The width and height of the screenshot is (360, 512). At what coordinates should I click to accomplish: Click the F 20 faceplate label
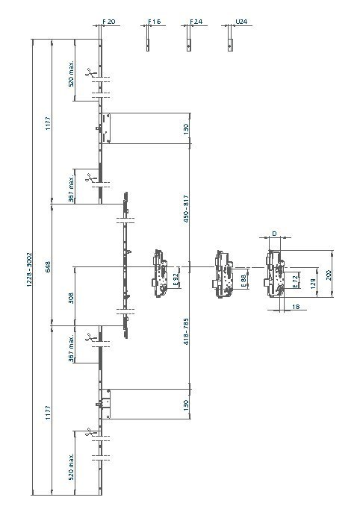coord(109,22)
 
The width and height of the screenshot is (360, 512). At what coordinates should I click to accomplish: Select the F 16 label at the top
coord(154,22)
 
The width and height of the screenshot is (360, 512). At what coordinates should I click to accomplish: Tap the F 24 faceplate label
coord(196,22)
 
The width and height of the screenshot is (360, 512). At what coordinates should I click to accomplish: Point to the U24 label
coord(241,22)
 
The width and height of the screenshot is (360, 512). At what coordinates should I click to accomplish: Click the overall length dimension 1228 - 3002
coord(29,269)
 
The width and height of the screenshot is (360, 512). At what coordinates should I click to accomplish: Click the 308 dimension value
coord(71,298)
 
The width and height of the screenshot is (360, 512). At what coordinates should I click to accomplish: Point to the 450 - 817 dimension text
coord(185,209)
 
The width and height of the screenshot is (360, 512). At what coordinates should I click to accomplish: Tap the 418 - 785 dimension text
coord(185,332)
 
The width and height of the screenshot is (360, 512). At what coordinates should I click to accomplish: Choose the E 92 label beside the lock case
coord(176,279)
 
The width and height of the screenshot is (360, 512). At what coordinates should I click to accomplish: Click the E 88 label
coord(243,279)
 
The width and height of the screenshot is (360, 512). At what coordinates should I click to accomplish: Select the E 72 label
coord(295,281)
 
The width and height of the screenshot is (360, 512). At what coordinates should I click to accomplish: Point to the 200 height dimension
coord(329,275)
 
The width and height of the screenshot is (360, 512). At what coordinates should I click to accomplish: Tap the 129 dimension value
coord(313,283)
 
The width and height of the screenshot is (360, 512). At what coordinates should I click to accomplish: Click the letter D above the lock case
coord(274,234)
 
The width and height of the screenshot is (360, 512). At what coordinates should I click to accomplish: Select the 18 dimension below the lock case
coord(296,307)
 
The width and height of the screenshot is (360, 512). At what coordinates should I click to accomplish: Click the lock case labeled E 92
coord(160,273)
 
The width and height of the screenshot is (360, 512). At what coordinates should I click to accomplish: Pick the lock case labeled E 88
coord(223,274)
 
